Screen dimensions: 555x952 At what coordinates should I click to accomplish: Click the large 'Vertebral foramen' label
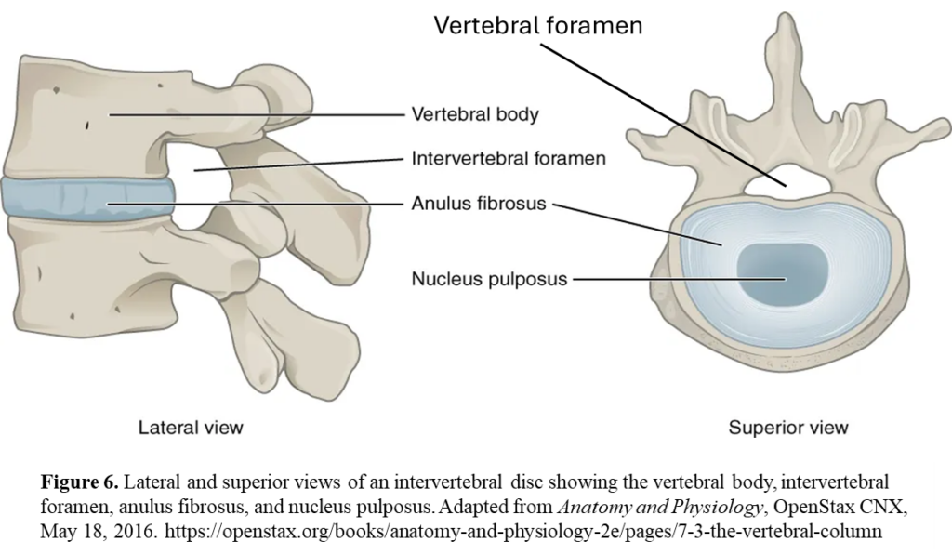pyautogui.click(x=538, y=25)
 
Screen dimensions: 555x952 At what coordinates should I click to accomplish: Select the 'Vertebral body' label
pyautogui.click(x=475, y=115)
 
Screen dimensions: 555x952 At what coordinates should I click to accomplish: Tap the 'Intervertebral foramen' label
pyautogui.click(x=508, y=159)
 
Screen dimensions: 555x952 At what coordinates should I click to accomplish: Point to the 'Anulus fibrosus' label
pyautogui.click(x=479, y=203)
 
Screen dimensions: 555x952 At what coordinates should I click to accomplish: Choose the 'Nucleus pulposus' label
pyautogui.click(x=489, y=278)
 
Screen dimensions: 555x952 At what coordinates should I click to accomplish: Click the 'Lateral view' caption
pyautogui.click(x=191, y=428)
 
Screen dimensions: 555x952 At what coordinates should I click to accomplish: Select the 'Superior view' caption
pyautogui.click(x=787, y=428)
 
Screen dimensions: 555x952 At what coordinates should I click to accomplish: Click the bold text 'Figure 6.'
pyautogui.click(x=79, y=482)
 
